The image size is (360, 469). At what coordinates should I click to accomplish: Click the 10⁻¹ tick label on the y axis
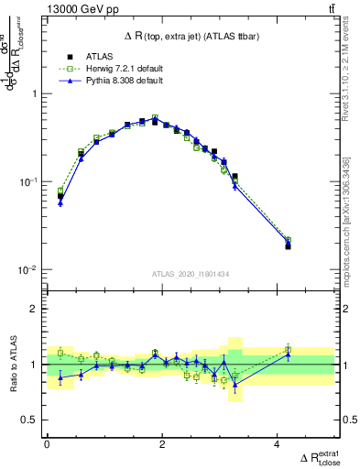[x=27, y=182]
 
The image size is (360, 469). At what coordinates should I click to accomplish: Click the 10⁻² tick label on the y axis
[x=27, y=270]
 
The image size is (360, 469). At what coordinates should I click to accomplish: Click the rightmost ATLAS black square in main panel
[x=288, y=246]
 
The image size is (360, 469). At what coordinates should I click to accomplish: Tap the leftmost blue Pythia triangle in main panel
[x=60, y=202]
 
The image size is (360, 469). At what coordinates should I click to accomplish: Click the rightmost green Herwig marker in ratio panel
[x=288, y=350]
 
